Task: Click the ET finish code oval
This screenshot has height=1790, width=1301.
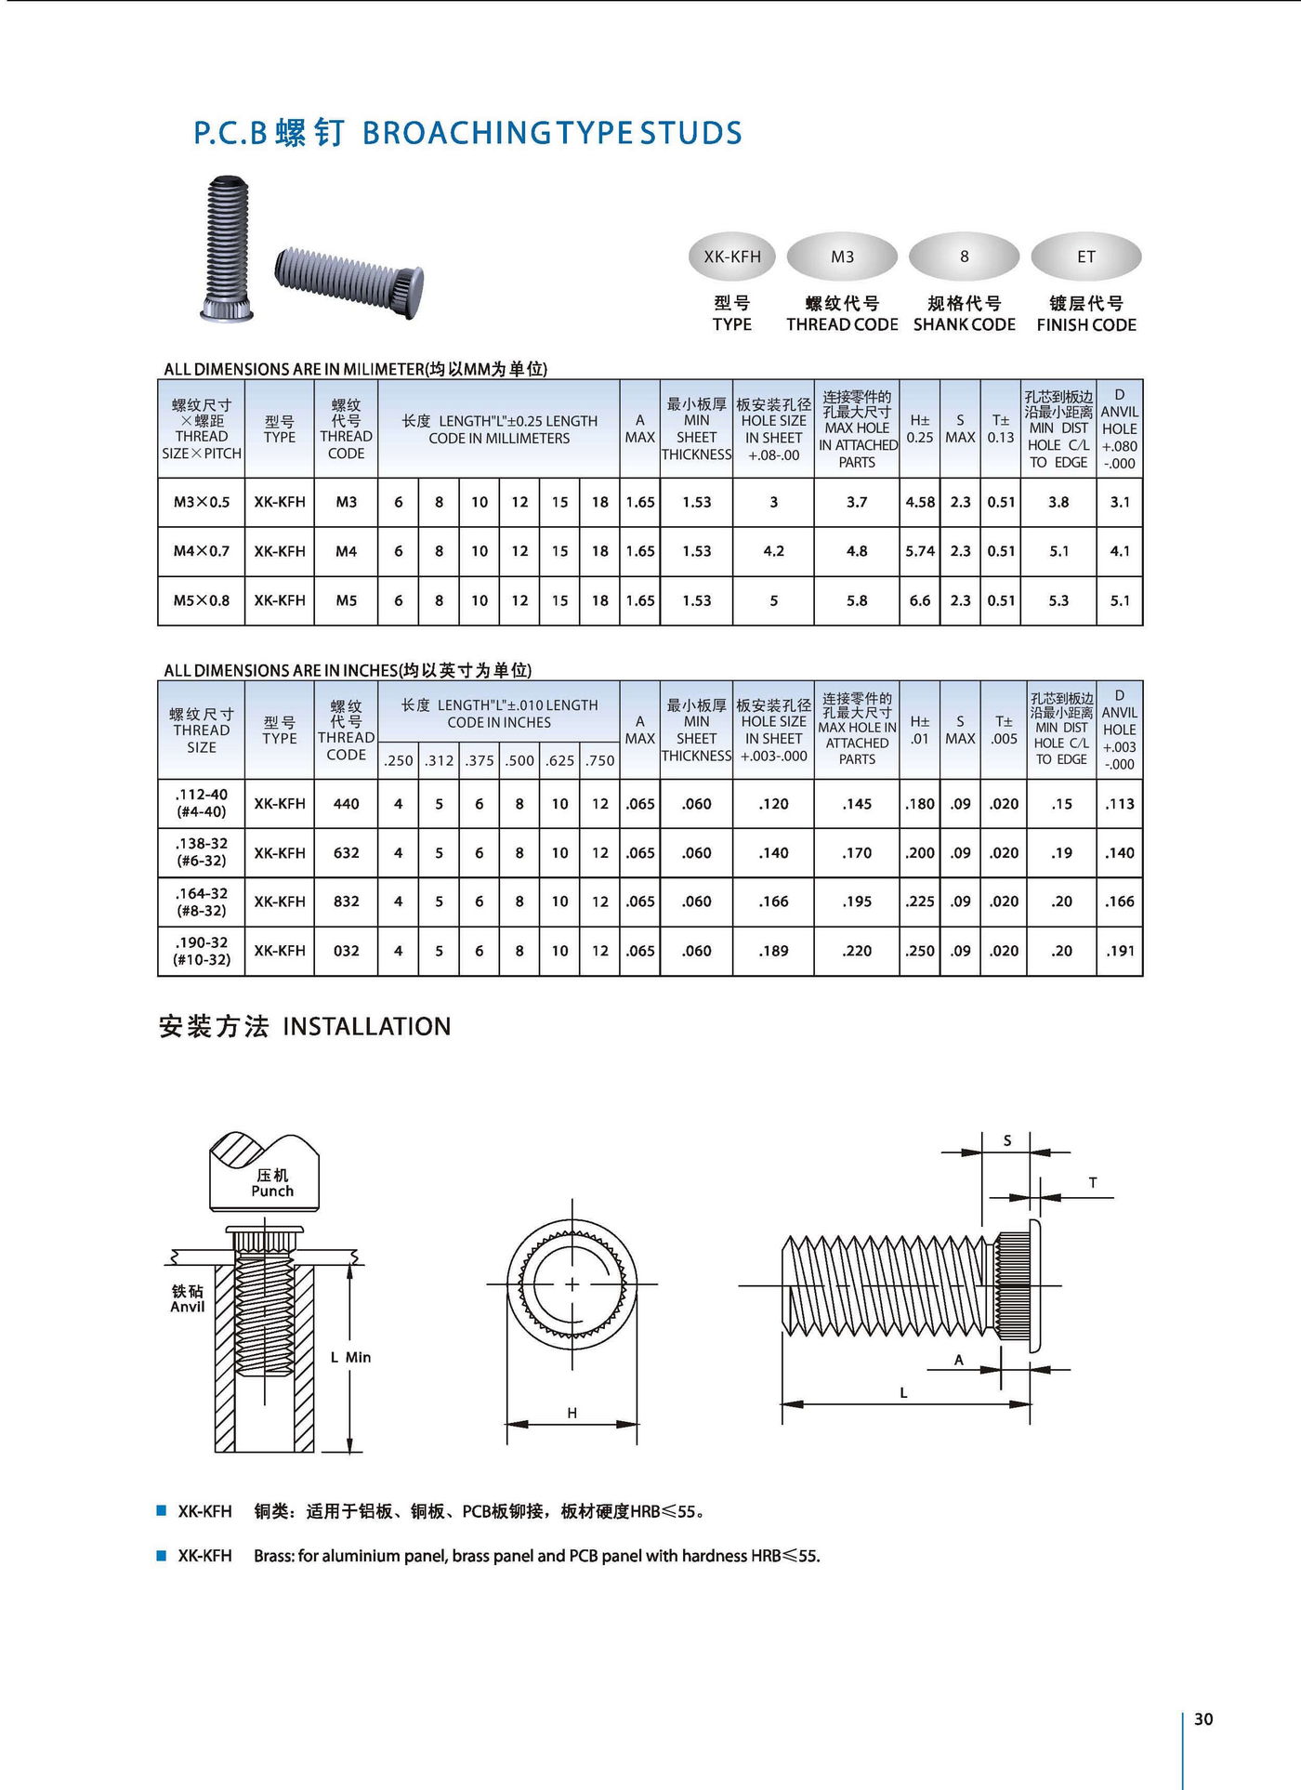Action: click(x=1085, y=257)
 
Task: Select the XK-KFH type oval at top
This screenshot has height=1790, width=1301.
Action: click(x=732, y=257)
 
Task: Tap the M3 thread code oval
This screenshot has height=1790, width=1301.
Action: click(x=842, y=257)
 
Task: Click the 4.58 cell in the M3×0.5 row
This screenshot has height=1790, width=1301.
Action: click(x=920, y=502)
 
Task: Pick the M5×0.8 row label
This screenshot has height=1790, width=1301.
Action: click(x=202, y=600)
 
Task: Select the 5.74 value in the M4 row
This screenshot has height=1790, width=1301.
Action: click(x=920, y=551)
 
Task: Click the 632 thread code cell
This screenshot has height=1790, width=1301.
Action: click(x=346, y=852)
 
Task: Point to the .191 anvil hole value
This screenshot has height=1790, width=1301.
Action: click(x=1120, y=951)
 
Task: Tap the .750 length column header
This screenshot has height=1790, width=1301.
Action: click(x=600, y=760)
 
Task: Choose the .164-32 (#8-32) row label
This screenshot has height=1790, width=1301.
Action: click(x=202, y=902)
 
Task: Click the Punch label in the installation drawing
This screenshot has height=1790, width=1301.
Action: click(x=272, y=1191)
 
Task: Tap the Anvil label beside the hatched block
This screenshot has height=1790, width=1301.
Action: click(x=187, y=1306)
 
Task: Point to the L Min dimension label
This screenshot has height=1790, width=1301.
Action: click(x=350, y=1357)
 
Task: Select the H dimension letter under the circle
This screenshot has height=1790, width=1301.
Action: click(x=572, y=1413)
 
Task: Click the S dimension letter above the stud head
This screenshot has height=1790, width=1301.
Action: click(x=1007, y=1140)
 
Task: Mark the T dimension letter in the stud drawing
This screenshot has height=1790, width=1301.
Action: click(x=1093, y=1182)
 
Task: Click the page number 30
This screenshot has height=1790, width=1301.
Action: click(x=1203, y=1718)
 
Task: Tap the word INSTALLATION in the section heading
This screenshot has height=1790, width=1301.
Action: click(x=367, y=1026)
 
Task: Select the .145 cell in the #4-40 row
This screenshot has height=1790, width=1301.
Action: click(x=857, y=804)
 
